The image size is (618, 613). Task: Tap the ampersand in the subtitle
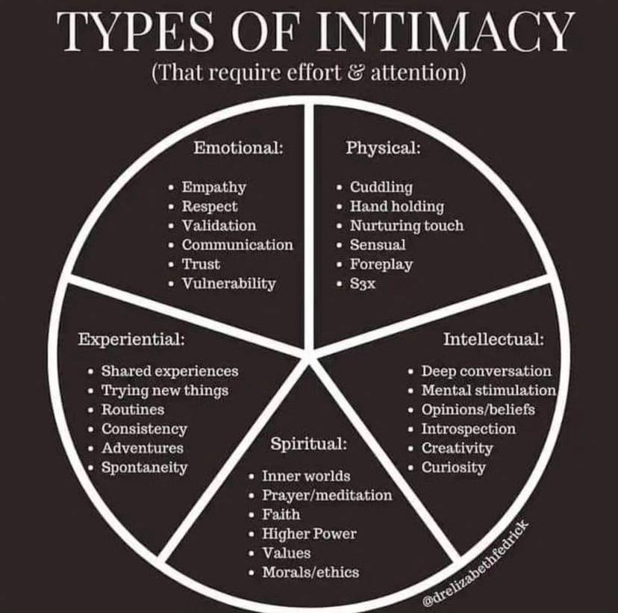357,72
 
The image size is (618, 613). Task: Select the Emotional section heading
238,148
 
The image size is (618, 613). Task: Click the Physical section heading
384,149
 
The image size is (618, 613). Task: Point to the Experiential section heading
131,340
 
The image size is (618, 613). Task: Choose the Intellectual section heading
493,339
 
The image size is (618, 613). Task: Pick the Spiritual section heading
308,444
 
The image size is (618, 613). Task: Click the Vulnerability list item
228,284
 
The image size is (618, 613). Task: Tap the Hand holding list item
397,206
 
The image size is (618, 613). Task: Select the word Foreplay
381,264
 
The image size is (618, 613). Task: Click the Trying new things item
165,390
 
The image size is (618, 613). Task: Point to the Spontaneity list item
144,467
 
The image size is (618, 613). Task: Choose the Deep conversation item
487,371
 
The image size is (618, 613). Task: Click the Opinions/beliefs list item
478,410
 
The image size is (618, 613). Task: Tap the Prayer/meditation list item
327,495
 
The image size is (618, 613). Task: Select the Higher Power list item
310,534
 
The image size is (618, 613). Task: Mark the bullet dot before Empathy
171,187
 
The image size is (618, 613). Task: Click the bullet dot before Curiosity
411,468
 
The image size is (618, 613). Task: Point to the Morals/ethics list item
310,573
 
